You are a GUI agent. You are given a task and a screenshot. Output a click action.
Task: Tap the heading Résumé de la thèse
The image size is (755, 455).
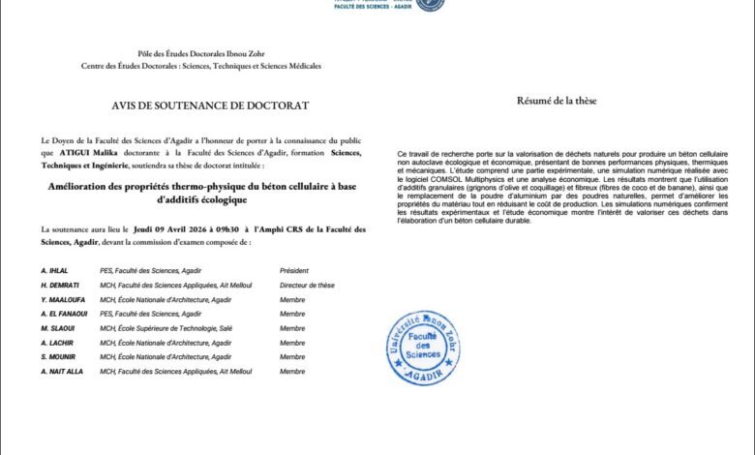pos(558,101)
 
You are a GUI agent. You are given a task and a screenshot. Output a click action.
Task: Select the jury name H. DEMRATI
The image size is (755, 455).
pos(58,285)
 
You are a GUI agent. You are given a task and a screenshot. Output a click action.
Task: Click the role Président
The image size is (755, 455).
pos(296,271)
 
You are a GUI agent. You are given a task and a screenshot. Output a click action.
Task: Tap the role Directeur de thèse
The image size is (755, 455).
pos(307,285)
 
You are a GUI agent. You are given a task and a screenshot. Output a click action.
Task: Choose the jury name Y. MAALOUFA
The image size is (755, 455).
pos(61,299)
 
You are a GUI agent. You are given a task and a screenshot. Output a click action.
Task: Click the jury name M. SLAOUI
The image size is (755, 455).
pos(56,328)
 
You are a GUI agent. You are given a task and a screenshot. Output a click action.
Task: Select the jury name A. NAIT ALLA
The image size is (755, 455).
pos(62,371)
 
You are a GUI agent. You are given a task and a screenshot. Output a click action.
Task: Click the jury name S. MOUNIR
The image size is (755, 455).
pos(57,356)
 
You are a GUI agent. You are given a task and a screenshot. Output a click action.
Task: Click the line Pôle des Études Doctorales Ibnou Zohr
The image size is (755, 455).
pos(201,55)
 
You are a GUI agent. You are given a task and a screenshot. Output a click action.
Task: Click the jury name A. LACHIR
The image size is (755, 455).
pos(56,343)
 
